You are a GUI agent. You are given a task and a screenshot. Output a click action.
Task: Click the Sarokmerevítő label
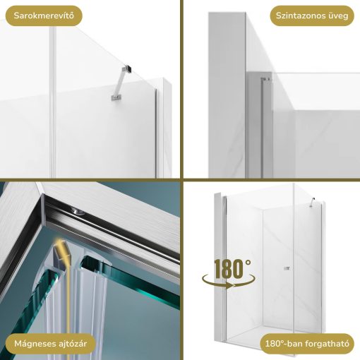coord(44,16)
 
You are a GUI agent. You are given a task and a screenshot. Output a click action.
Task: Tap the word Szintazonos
coord(298,16)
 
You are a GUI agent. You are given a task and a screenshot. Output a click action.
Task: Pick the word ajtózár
coord(72,344)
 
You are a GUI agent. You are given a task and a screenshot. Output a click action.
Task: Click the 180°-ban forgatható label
coord(307,344)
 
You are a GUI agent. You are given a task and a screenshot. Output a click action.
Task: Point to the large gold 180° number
coord(232,269)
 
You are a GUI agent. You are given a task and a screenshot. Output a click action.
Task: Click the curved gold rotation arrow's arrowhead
coord(232,286)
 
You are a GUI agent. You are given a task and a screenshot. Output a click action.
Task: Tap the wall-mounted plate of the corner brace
coord(115,97)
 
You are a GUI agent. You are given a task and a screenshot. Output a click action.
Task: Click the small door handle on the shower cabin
coord(287,268)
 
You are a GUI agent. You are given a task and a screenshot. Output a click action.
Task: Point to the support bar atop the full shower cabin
coord(313,202)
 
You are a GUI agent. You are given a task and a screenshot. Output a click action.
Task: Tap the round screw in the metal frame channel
coord(78,212)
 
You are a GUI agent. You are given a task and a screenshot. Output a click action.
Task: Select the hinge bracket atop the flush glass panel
coord(266,80)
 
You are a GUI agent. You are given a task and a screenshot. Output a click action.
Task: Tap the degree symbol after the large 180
coord(248,262)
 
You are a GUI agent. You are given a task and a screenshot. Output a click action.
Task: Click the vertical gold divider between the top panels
coord(181,90)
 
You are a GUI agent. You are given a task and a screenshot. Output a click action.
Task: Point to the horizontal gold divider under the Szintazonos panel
coord(272,180)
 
